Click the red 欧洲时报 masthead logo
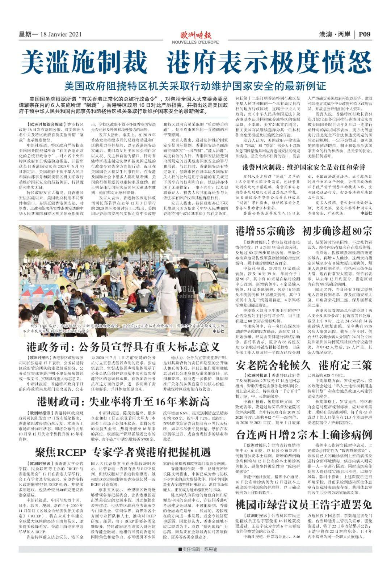click(195, 35)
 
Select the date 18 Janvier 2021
click(62, 34)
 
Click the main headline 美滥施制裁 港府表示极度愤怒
click(195, 62)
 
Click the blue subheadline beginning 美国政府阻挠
click(195, 86)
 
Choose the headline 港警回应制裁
click(304, 167)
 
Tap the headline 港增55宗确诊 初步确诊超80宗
click(304, 231)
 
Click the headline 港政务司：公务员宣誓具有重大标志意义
click(123, 347)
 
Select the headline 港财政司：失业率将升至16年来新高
click(123, 401)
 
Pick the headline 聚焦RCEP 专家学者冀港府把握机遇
click(123, 452)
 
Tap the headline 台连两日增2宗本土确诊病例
click(304, 435)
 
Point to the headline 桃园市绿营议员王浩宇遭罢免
click(304, 504)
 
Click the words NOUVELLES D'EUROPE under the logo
click(195, 42)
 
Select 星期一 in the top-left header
click(28, 34)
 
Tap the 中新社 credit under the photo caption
click(218, 331)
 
